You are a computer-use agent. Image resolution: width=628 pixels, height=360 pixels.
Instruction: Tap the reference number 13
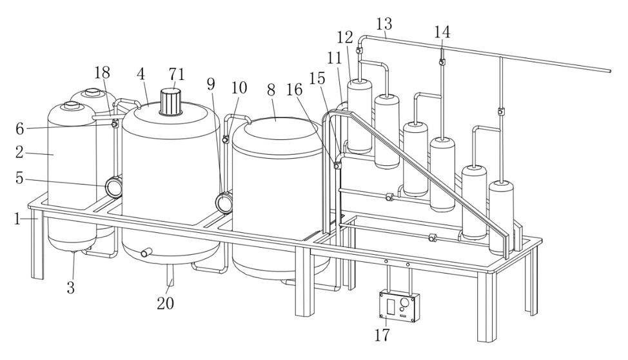[384, 24]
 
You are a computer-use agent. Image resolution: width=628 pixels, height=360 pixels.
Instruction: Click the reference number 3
[71, 288]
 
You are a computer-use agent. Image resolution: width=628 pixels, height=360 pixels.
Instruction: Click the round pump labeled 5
[114, 188]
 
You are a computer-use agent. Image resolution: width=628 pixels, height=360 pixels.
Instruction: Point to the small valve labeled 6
[115, 125]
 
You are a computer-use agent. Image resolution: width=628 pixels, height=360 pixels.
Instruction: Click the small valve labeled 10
[226, 139]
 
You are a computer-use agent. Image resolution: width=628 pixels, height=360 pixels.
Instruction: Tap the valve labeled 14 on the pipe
[442, 62]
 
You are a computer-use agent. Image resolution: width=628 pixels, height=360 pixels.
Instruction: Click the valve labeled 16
[337, 166]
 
